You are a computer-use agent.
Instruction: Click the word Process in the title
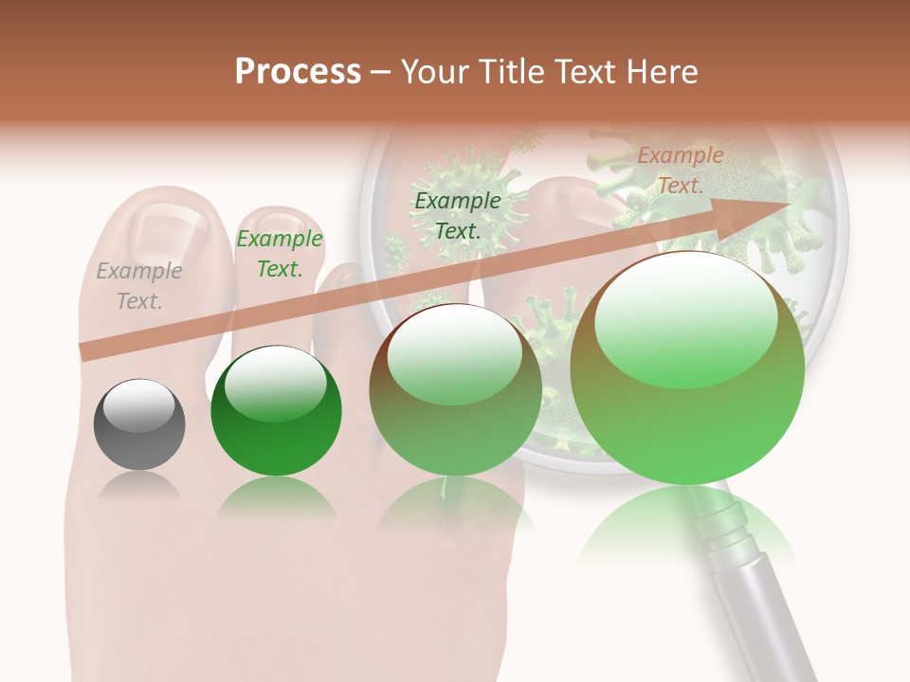[298, 72]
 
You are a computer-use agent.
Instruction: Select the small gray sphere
[139, 425]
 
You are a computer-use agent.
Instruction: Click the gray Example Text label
[139, 286]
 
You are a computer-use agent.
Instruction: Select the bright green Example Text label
[280, 254]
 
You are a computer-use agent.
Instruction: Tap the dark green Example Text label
[458, 215]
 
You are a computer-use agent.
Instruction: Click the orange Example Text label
[680, 170]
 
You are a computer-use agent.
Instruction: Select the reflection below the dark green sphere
[275, 497]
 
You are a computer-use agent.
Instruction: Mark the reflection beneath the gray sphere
[139, 485]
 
